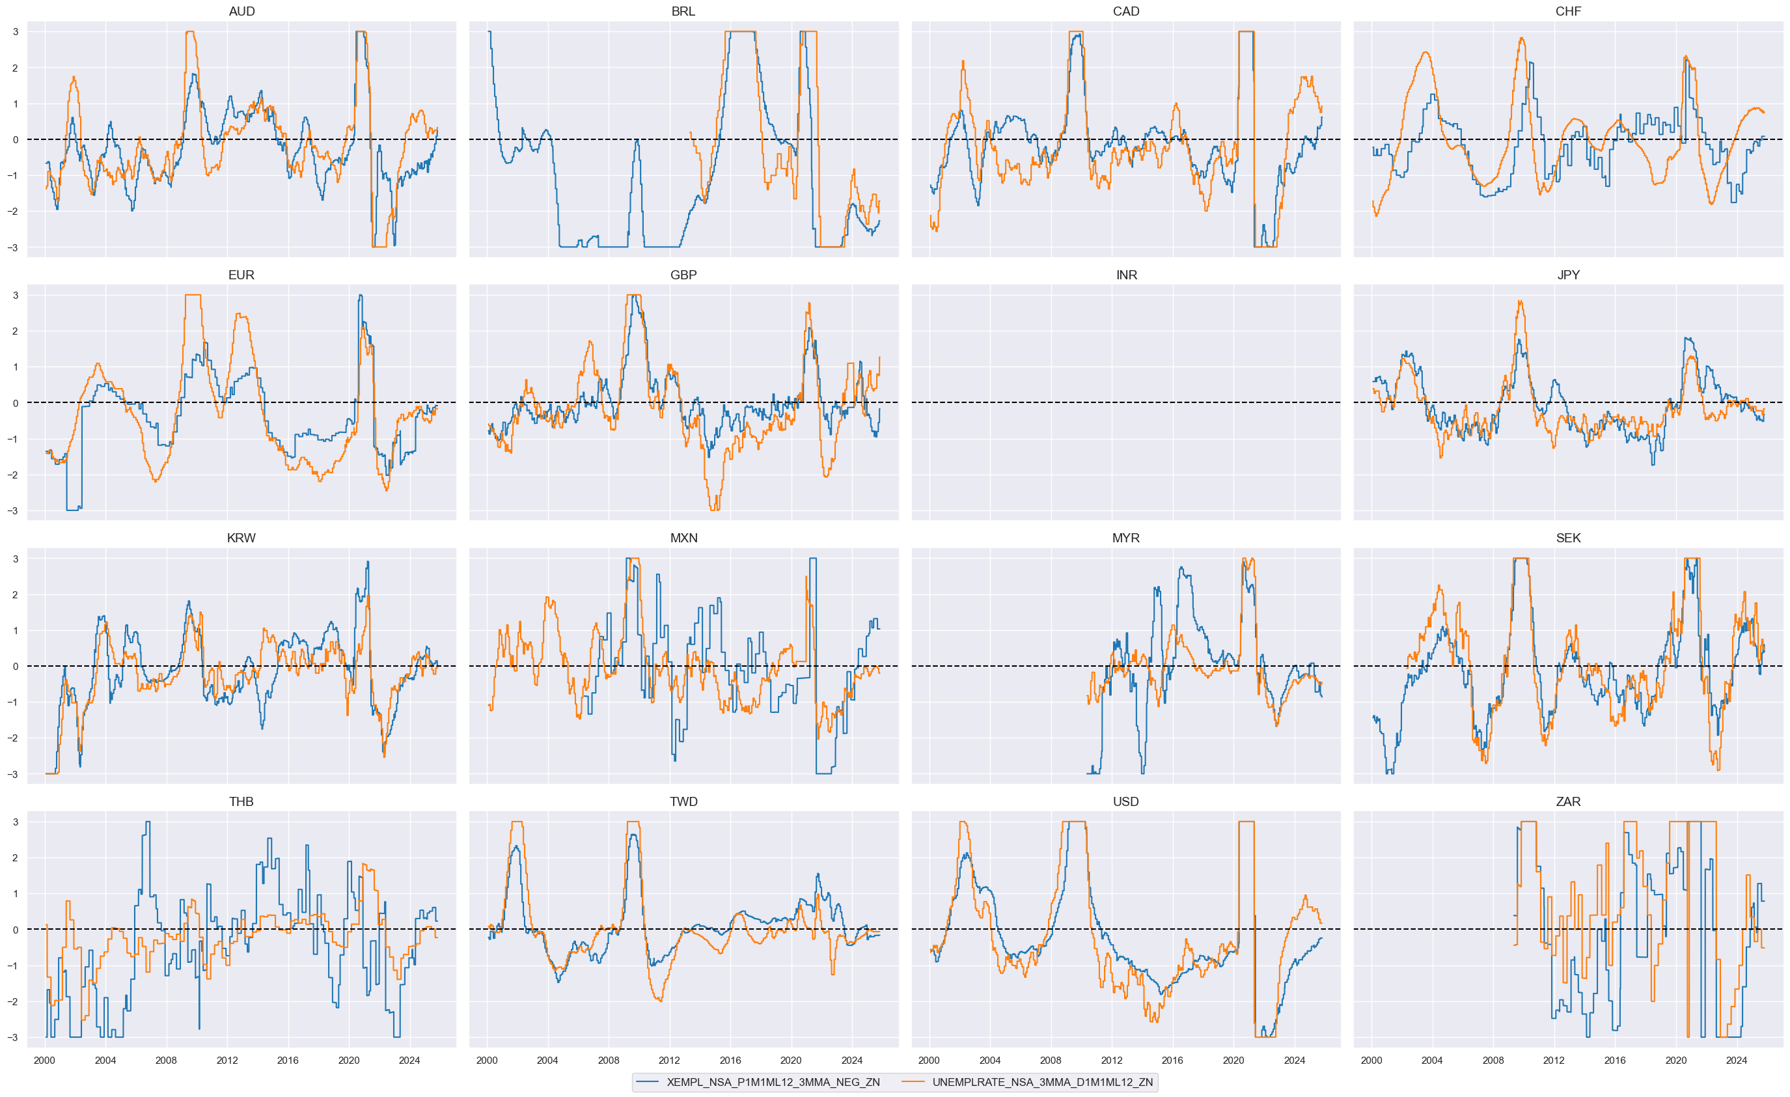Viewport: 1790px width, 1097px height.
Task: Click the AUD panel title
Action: pos(241,12)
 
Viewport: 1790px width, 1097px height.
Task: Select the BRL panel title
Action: pos(683,12)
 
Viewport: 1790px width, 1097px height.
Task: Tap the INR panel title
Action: pos(1126,275)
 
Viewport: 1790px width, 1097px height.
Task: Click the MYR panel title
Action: pos(1125,538)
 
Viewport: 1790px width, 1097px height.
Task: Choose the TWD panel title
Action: pos(683,802)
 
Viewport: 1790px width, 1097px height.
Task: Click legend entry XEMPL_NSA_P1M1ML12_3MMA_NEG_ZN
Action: pos(773,1083)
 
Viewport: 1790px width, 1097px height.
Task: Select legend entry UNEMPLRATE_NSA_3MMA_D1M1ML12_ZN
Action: pos(1043,1083)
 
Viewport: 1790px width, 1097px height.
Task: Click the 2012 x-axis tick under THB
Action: pos(227,1061)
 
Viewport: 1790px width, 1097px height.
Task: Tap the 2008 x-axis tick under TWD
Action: pos(608,1061)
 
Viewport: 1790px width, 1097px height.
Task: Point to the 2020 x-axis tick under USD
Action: pos(1233,1061)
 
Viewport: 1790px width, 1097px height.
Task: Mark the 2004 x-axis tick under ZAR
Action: pos(1432,1061)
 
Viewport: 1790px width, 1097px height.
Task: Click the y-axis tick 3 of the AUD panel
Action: pos(15,32)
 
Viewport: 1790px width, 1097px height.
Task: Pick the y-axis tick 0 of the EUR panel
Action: pos(15,403)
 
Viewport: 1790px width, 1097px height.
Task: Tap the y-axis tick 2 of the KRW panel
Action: pos(15,595)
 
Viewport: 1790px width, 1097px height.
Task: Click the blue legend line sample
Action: pos(647,1083)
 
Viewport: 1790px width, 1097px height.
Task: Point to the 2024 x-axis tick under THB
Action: pos(409,1061)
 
